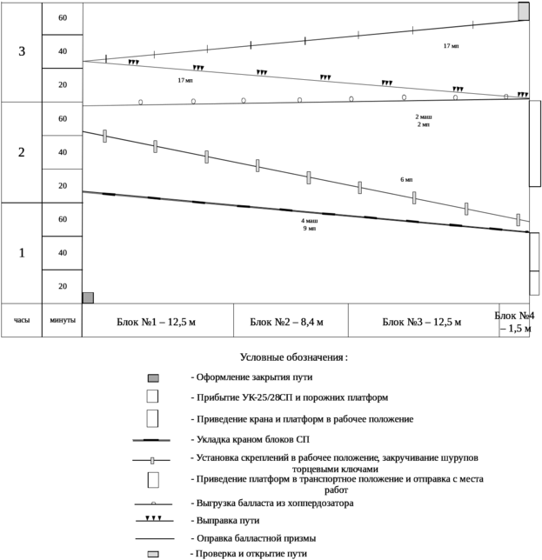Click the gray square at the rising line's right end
[x=524, y=10]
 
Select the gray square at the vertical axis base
[x=87, y=297]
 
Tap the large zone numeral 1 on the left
[x=22, y=253]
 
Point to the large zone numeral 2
[x=23, y=152]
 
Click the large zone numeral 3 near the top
[x=23, y=52]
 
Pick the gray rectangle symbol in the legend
[x=153, y=378]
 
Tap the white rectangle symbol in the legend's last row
[x=153, y=553]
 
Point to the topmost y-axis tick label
[x=62, y=18]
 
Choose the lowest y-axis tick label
[x=62, y=286]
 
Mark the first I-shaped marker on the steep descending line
[x=104, y=136]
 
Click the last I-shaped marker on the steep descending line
[x=519, y=220]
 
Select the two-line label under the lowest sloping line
[x=309, y=225]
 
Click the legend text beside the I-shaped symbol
[x=335, y=463]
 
